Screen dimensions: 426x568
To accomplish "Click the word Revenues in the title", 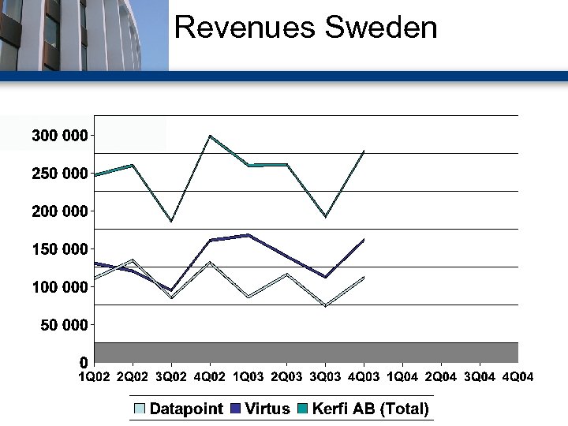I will tap(233, 28).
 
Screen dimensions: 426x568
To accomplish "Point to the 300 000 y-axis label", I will tap(60, 136).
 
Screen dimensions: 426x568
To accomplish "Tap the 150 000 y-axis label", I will tap(60, 249).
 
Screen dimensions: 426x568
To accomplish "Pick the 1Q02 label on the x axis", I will tap(94, 376).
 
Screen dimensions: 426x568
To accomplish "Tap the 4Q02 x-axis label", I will tap(210, 376).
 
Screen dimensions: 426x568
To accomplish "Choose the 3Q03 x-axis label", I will tap(326, 376).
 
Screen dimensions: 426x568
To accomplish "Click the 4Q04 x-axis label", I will tap(518, 376).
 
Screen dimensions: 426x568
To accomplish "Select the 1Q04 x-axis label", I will tap(402, 376).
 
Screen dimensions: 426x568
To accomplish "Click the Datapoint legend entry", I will tap(178, 409).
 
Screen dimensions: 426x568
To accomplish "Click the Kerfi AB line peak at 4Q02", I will tap(210, 136).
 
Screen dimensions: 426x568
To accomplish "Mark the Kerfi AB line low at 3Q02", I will tap(170, 222).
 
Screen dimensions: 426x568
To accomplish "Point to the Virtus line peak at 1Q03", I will tap(248, 235).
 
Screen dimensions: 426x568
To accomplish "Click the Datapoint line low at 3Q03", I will tap(325, 305).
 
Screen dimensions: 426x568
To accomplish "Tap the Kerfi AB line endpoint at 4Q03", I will tap(364, 151).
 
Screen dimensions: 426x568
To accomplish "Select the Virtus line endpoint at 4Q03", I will tap(364, 239).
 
